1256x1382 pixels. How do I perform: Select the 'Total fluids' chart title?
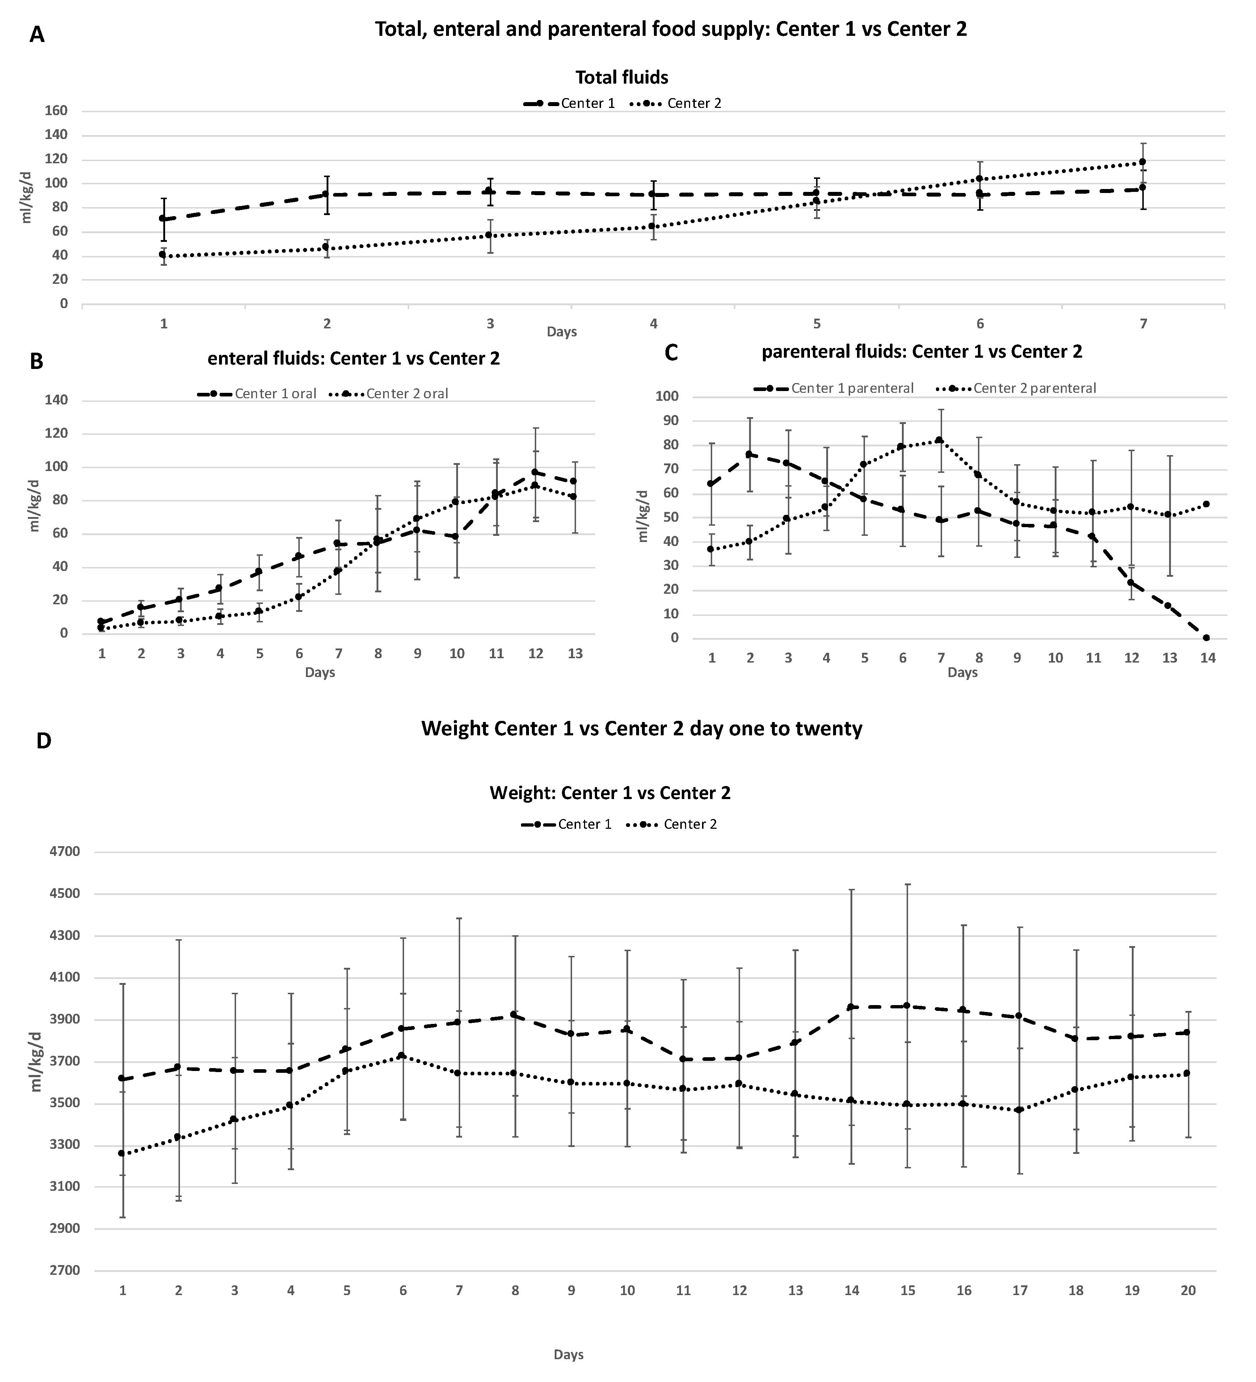(621, 77)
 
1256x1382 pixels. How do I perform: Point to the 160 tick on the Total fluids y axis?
(56, 111)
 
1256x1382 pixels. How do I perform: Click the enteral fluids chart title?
(354, 358)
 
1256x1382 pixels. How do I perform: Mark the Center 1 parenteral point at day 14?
(1206, 638)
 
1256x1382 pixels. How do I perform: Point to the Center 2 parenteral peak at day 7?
(939, 440)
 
